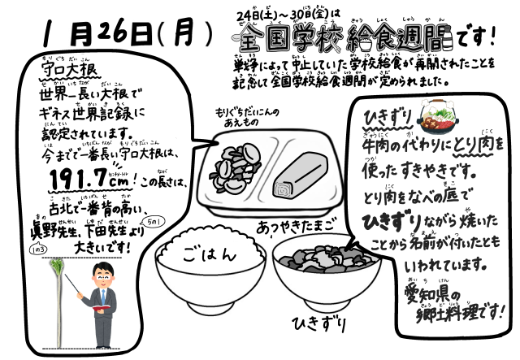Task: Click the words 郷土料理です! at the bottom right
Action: [x=451, y=315]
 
